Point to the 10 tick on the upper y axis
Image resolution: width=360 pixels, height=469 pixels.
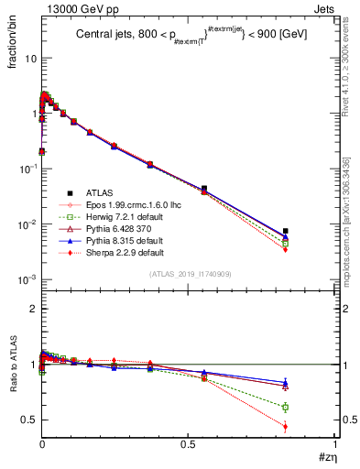point(27,59)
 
